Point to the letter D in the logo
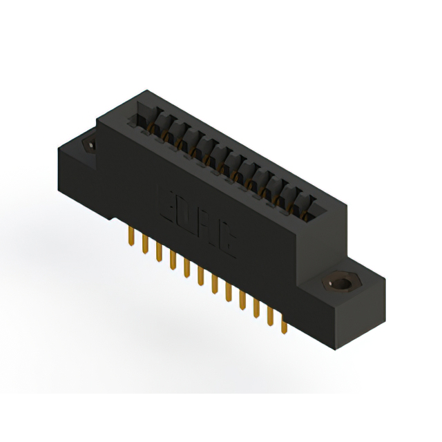coord(189,215)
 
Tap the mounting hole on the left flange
coord(89,145)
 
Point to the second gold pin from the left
coord(144,244)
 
